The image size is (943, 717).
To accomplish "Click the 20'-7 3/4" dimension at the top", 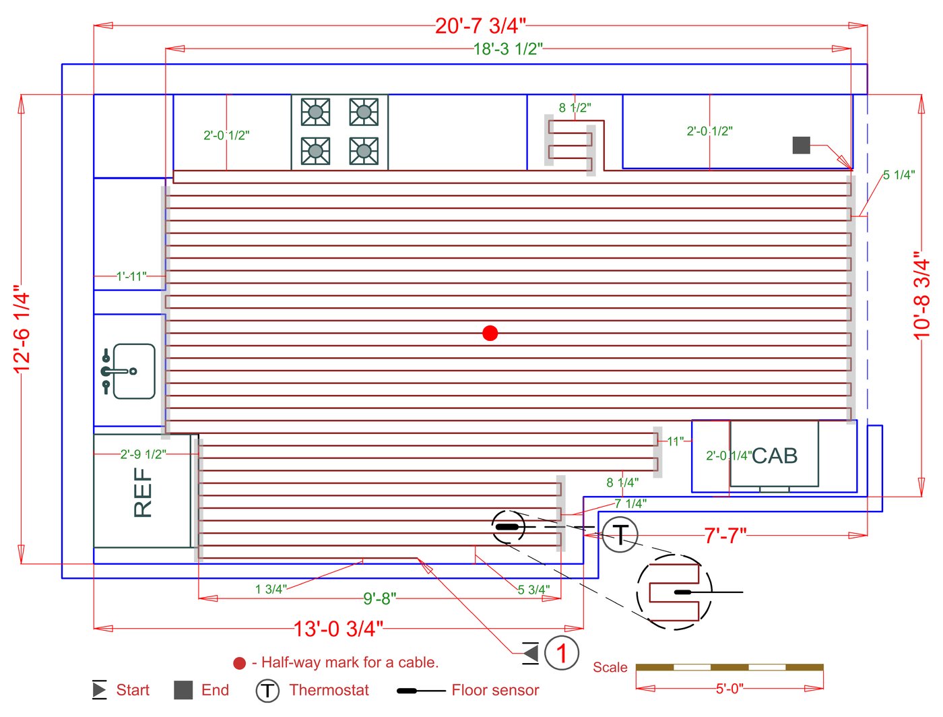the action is tap(480, 26).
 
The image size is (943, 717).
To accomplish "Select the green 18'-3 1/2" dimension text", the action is tap(509, 49).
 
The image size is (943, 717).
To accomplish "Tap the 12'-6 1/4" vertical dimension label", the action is tap(22, 328).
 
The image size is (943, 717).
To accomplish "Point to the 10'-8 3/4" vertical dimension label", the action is tap(921, 297).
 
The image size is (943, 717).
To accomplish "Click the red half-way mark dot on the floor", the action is tap(490, 333).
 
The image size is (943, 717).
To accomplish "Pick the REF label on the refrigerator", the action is tap(143, 493).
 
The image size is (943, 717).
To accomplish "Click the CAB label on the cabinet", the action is tap(775, 456).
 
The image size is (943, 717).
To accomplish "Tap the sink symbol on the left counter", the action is tap(129, 371).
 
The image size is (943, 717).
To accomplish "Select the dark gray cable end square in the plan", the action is tap(802, 145).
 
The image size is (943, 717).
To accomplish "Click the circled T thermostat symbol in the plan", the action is tap(620, 534).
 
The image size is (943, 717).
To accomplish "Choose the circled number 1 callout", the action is tap(562, 653).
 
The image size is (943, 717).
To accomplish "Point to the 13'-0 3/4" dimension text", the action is tap(338, 629).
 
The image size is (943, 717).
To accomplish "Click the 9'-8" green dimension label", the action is tap(380, 598).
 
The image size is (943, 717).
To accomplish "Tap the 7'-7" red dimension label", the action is tap(725, 536).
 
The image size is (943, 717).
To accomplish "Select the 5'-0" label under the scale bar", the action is tap(729, 689).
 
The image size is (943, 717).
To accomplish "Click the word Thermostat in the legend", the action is tap(329, 690).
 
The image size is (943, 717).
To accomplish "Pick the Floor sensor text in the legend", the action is tap(495, 690).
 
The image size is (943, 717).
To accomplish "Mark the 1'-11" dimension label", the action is tap(131, 276).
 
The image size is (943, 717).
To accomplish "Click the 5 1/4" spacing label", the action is tap(899, 175).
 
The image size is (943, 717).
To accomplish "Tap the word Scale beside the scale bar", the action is tap(610, 667).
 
